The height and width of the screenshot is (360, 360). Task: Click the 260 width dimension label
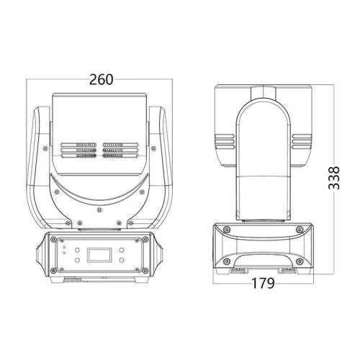coord(102,79)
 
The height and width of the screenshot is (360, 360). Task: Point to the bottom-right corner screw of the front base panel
coord(148,271)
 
